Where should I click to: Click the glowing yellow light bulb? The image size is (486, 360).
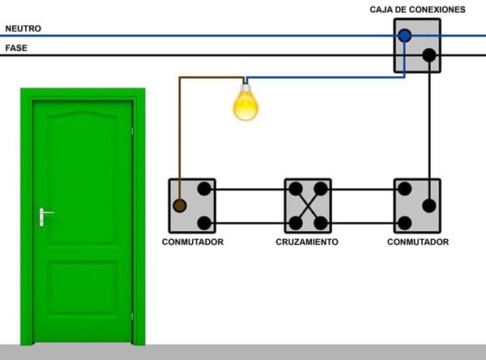[x=245, y=105]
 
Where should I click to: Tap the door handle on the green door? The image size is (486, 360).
[x=45, y=215]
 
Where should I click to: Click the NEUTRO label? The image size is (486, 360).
[x=23, y=28]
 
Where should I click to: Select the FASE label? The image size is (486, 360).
[x=16, y=48]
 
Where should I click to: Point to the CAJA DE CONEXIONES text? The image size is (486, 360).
[x=417, y=9]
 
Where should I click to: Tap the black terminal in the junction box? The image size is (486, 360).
[x=429, y=56]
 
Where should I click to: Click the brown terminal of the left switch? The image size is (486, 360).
[x=180, y=206]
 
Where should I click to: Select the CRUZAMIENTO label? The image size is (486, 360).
[x=307, y=242]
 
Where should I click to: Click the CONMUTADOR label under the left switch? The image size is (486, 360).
[x=192, y=242]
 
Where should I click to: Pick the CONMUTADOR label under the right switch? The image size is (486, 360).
[x=417, y=242]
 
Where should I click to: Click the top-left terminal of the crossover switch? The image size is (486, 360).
[x=295, y=190]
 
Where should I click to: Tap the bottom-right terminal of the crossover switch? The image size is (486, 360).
[x=321, y=222]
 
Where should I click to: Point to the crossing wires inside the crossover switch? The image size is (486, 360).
[x=308, y=206]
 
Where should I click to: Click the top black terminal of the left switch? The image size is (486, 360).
[x=204, y=190]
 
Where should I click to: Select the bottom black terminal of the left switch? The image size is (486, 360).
[x=204, y=222]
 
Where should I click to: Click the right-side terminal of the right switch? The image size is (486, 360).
[x=429, y=206]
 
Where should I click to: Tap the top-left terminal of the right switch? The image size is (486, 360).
[x=405, y=190]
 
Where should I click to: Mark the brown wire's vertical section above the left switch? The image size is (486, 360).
[x=180, y=130]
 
